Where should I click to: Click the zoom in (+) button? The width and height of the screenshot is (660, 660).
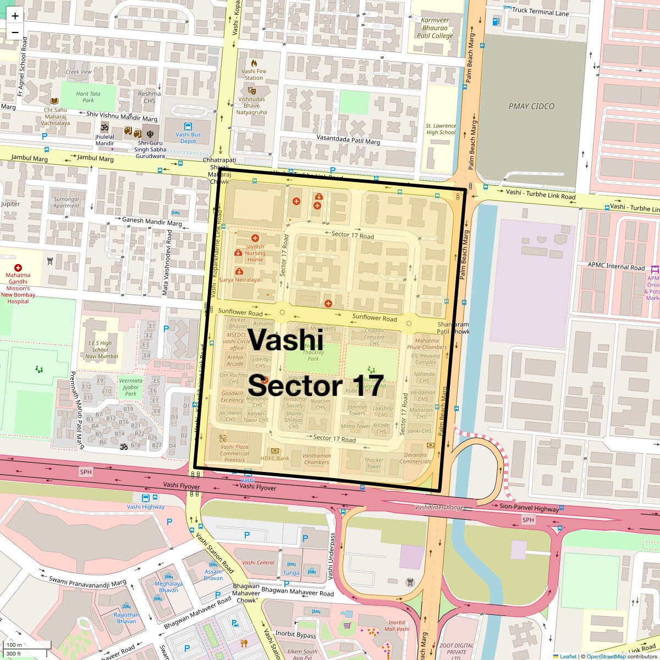15,16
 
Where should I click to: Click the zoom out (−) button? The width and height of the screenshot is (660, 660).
15,32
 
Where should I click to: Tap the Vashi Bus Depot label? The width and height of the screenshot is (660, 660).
188,137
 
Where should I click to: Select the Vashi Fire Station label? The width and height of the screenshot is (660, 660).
254,74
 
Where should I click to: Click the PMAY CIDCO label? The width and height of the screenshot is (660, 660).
531,106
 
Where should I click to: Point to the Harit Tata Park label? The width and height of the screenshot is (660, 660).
88,97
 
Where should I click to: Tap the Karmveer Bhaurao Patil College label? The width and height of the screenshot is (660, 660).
435,28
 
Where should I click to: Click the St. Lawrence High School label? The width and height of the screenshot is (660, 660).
441,129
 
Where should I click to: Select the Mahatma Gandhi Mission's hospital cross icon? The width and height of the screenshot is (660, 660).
18,267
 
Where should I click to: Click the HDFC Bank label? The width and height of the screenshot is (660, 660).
275,458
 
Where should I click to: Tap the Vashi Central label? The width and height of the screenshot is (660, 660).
258,563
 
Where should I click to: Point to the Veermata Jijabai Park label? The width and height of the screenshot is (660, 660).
131,387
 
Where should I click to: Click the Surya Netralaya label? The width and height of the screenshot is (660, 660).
239,279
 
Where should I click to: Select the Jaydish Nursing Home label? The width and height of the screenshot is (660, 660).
255,253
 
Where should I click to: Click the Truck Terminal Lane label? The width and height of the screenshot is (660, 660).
540,13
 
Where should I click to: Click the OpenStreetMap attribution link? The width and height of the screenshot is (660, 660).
606,656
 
